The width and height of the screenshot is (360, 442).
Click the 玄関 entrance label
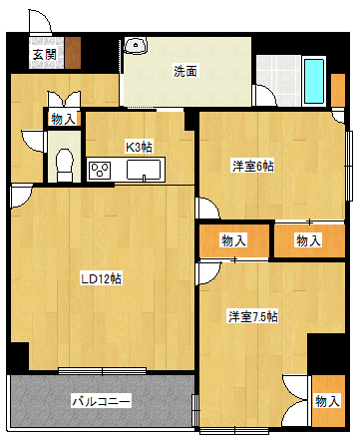tap(43, 54)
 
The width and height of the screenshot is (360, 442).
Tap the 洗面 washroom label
tap(184, 71)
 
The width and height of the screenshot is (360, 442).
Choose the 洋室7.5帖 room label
tap(253, 316)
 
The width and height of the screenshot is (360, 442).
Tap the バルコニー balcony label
tap(101, 401)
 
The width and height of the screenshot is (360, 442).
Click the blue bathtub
tap(314, 82)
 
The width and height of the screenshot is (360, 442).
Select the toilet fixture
tap(65, 162)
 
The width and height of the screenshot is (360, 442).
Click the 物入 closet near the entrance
tap(60, 119)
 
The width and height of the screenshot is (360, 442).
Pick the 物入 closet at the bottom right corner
tap(326, 400)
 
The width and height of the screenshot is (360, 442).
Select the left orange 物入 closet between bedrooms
tap(234, 240)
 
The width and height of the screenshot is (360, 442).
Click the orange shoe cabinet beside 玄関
tap(74, 51)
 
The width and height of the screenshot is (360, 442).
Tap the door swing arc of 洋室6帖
tap(206, 208)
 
